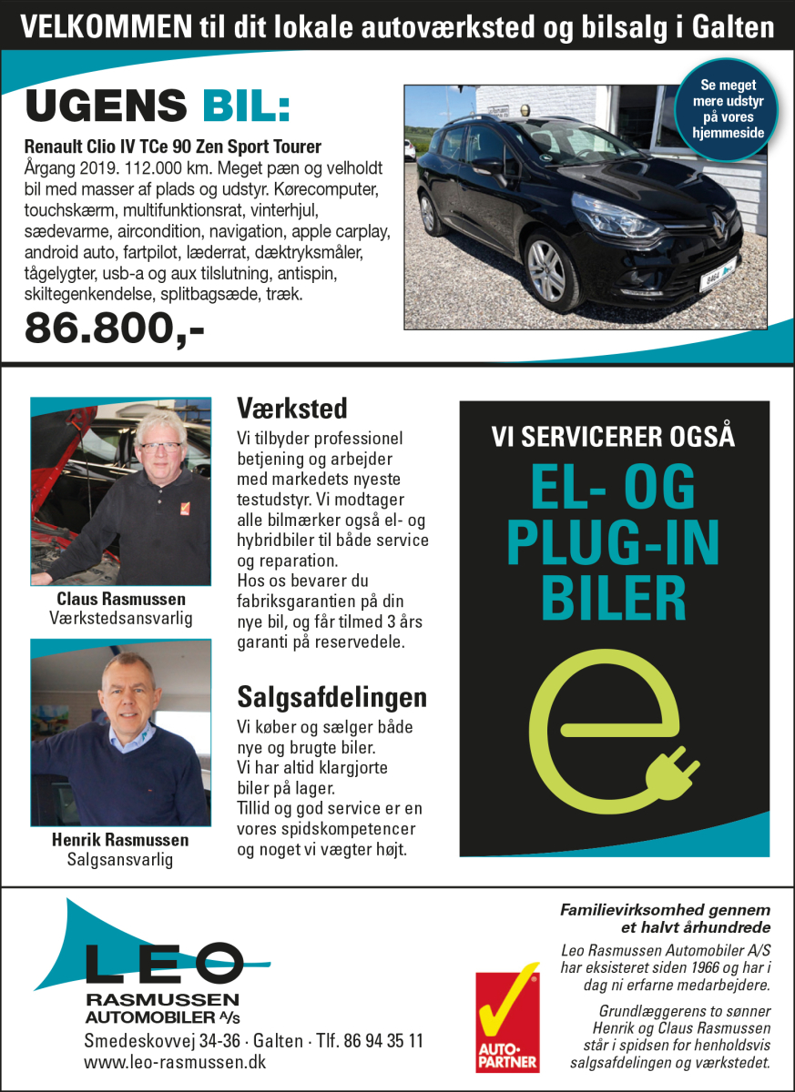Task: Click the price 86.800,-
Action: point(115,328)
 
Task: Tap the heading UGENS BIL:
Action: point(158,106)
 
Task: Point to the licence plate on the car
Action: point(715,277)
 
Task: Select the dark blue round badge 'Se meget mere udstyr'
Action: point(727,107)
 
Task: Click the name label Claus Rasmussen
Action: point(120,599)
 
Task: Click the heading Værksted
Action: point(291,407)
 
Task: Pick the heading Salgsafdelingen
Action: point(331,698)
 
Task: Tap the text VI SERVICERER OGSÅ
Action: point(613,437)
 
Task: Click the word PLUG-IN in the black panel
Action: point(613,544)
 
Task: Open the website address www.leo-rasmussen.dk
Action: point(175,1061)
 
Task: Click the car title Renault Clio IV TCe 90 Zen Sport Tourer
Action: point(172,146)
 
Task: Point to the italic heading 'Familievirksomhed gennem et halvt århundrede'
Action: point(666,918)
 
